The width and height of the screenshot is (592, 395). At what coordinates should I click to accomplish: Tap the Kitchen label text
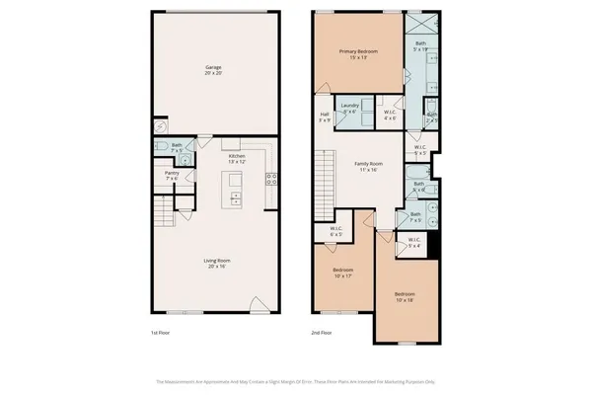[x=237, y=159]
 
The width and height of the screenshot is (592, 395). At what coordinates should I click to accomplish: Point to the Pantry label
[x=171, y=176]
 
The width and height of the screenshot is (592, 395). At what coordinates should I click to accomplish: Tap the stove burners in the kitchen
[x=271, y=179]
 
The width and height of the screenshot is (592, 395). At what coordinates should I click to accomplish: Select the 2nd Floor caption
[x=322, y=332]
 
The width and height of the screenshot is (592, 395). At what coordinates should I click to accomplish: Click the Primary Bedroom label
[x=359, y=53]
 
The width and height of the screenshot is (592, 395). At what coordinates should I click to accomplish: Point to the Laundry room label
[x=349, y=108]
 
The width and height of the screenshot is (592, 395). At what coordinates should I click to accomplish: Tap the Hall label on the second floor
[x=325, y=118]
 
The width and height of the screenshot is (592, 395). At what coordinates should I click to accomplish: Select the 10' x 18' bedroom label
[x=405, y=297]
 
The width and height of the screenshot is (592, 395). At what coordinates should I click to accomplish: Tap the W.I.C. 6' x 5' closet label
[x=335, y=232]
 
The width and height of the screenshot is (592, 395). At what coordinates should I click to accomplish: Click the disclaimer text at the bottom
[x=296, y=381]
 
